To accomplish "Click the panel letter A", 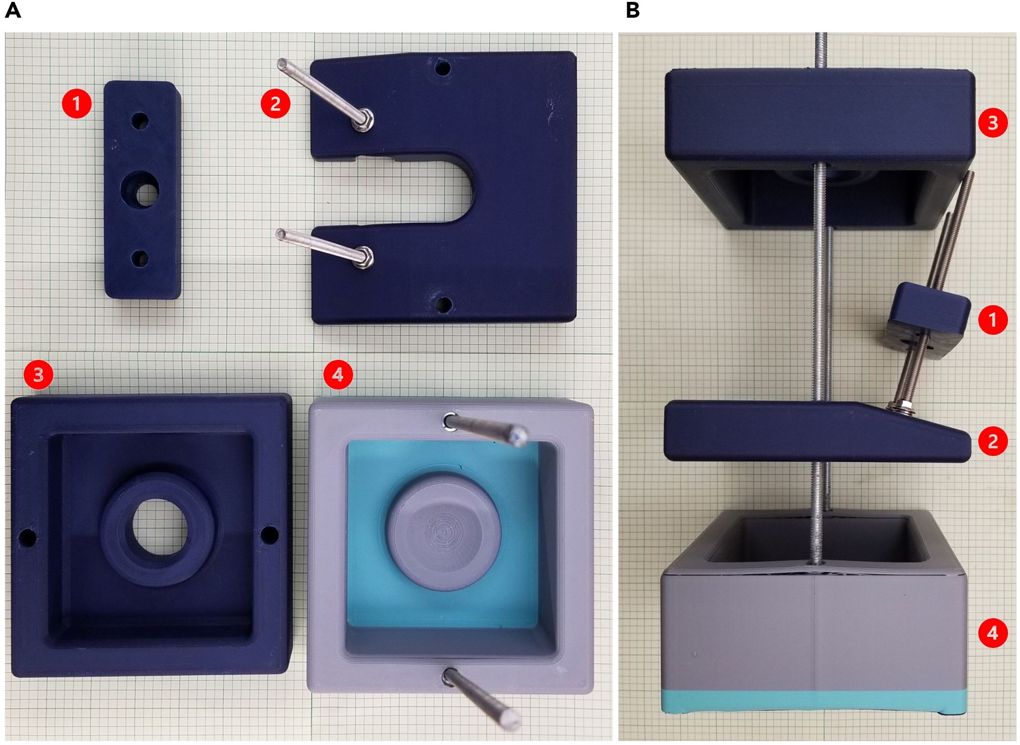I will coord(13,10).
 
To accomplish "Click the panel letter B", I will coord(633,10).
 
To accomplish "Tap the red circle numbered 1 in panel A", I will coord(77,103).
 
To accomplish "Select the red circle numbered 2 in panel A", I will coord(275,103).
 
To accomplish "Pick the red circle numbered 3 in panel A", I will coord(39,374).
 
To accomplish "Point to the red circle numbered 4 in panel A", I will coord(338,374).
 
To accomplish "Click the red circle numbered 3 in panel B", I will coord(993,123).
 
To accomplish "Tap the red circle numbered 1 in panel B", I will coord(993,320).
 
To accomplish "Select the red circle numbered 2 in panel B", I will coord(993,441).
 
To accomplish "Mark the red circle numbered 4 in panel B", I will coord(993,633).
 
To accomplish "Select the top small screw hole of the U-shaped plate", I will coord(443,69).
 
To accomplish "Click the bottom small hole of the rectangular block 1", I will coord(140,258).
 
